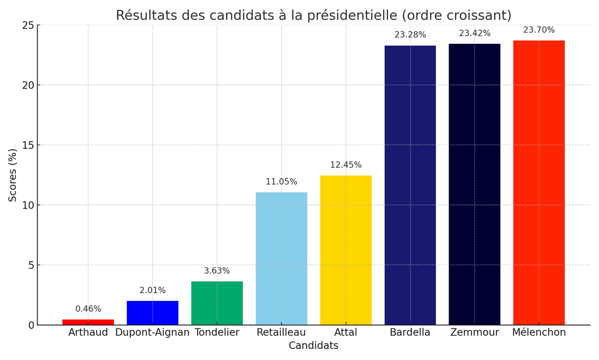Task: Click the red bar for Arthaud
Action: [88, 322]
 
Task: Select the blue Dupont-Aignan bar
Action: [153, 313]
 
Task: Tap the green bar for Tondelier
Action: [217, 303]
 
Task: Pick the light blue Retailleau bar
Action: [281, 258]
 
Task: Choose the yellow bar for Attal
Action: [346, 250]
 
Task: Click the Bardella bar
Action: [410, 185]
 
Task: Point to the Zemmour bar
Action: [474, 184]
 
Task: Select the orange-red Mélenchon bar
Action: [539, 182]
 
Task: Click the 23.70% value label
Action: [539, 30]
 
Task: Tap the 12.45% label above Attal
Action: [346, 165]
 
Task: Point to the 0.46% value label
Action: [88, 309]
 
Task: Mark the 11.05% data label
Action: [281, 182]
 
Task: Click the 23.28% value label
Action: [410, 35]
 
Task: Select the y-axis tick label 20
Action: [27, 85]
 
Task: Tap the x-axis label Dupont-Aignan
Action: [153, 332]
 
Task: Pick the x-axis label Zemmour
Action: [474, 332]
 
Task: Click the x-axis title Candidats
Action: [314, 346]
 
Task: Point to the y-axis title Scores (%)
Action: [13, 175]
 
